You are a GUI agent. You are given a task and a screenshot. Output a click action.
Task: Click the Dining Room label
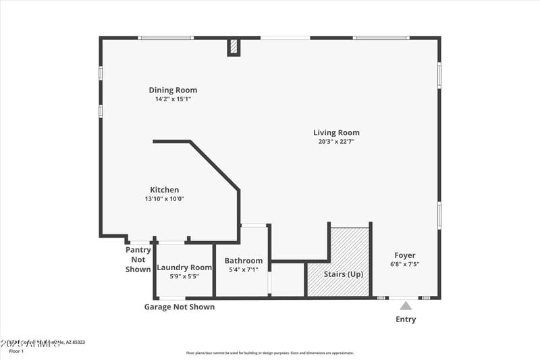click(x=173, y=90)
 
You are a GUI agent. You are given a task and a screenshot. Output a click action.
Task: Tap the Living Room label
click(x=336, y=132)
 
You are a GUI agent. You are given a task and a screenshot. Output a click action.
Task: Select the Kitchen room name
click(x=164, y=190)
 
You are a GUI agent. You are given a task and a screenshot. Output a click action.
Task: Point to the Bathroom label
click(x=244, y=261)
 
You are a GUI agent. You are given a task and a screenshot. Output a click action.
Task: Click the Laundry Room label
click(x=184, y=267)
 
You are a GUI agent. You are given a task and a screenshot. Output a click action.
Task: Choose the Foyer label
click(x=405, y=255)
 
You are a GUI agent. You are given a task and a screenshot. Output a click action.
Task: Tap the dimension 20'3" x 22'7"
click(x=336, y=142)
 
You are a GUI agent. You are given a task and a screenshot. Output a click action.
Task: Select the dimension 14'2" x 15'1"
click(x=173, y=99)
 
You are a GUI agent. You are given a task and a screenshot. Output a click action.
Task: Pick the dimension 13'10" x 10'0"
click(x=164, y=199)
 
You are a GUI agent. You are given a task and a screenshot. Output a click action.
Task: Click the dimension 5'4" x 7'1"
click(x=244, y=269)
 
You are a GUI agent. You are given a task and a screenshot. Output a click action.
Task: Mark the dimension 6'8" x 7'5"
click(x=405, y=264)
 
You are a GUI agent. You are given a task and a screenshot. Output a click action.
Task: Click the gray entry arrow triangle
click(x=406, y=306)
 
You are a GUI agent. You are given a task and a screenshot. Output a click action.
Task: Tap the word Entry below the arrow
click(x=406, y=319)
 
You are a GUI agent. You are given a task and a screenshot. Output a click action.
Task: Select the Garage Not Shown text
click(x=180, y=307)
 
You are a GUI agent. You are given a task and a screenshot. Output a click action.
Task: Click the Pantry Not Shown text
click(x=138, y=259)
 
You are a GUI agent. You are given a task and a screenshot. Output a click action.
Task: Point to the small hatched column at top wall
click(x=234, y=47)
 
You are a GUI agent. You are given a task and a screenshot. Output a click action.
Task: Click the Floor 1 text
click(x=16, y=351)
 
